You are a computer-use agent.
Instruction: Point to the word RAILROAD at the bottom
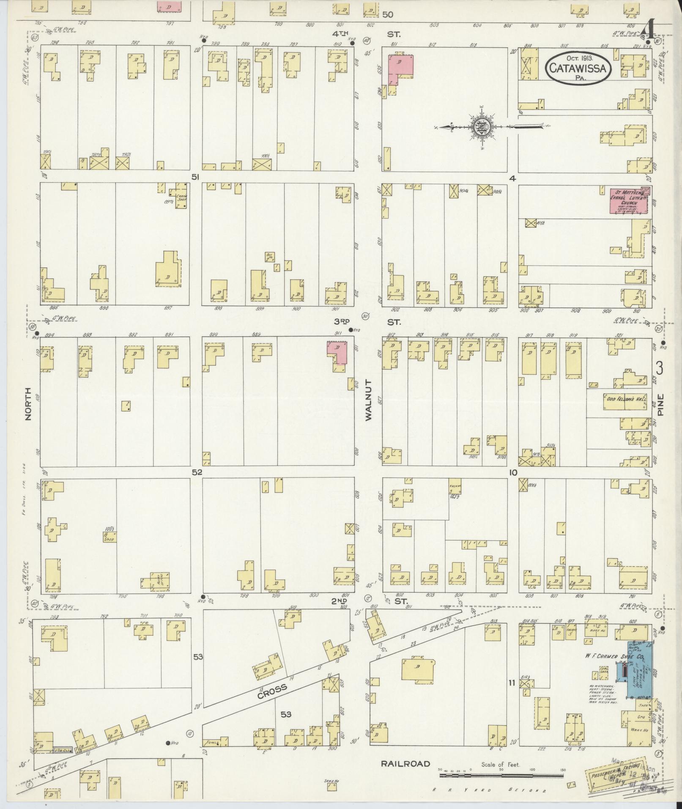[405, 764]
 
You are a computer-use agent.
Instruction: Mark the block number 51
[194, 178]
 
